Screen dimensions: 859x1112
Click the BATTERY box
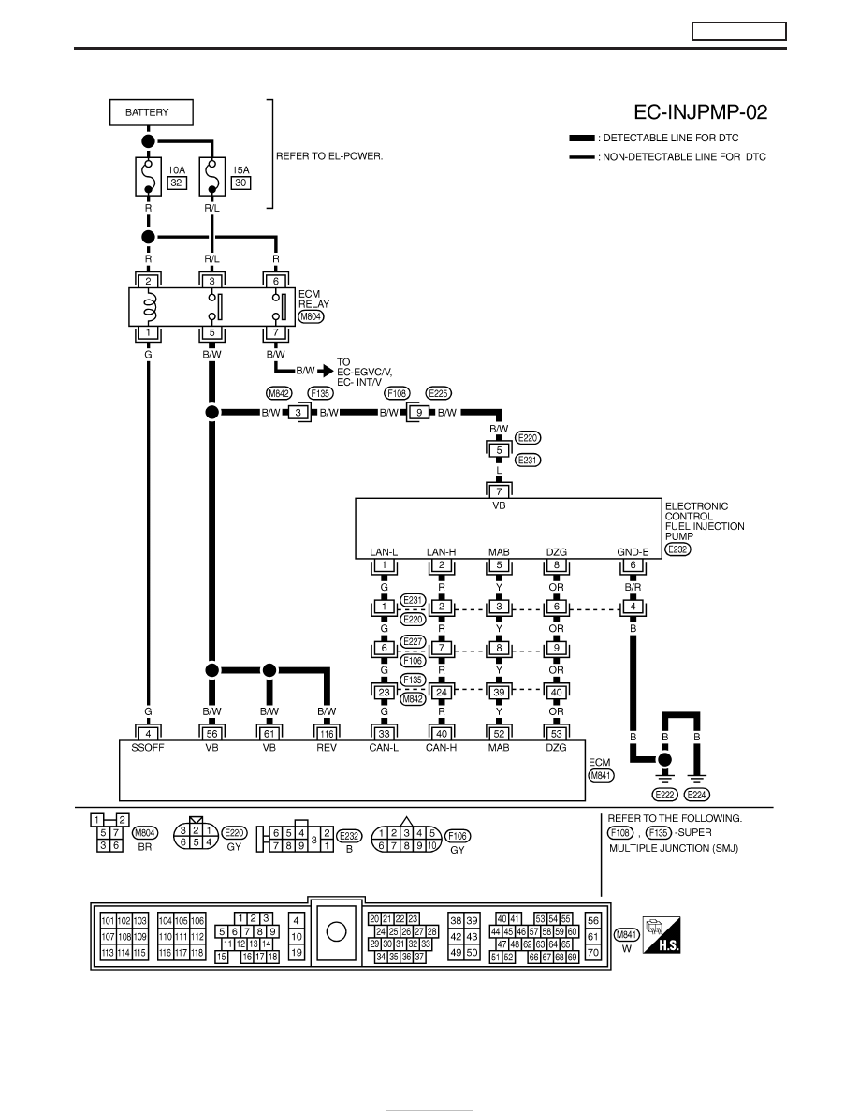[x=151, y=112]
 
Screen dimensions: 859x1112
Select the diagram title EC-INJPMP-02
[x=700, y=112]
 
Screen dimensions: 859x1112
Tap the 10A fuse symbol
[x=148, y=177]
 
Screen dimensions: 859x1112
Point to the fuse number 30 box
[x=241, y=183]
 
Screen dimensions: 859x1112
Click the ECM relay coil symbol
[x=148, y=307]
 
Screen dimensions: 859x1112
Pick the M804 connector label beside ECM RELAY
[x=311, y=317]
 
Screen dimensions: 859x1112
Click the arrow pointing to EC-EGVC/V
[x=326, y=370]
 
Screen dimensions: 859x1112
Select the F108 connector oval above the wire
[x=397, y=393]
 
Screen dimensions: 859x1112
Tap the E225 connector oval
[x=439, y=393]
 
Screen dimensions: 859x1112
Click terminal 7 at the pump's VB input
[x=499, y=490]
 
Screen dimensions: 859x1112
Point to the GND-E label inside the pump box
[x=633, y=551]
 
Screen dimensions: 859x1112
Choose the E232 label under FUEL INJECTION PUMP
[x=678, y=549]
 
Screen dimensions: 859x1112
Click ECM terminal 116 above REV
[x=326, y=734]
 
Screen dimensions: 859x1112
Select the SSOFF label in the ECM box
[x=148, y=748]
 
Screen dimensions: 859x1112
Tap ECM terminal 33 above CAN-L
[x=385, y=734]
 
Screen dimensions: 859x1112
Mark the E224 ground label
[x=697, y=795]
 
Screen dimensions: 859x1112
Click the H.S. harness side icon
[x=662, y=935]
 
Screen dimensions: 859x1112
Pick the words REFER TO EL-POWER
[x=329, y=156]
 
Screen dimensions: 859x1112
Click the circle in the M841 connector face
[x=336, y=931]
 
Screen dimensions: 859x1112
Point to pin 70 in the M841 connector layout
[x=593, y=953]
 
